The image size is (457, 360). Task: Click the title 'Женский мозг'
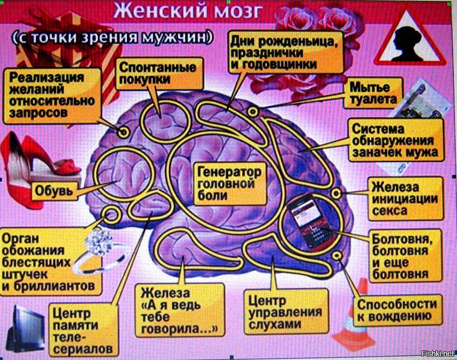tap(188, 11)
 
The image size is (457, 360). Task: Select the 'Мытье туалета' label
tap(373, 93)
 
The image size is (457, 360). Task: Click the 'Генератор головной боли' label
tap(230, 184)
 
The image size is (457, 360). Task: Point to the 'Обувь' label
tap(54, 191)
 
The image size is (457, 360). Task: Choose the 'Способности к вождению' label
tap(397, 311)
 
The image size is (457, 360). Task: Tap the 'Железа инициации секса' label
tap(405, 199)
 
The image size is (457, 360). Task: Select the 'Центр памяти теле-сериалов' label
tap(83, 330)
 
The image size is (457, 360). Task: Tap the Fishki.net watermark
tap(438, 354)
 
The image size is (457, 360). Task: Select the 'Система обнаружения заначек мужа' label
tap(396, 140)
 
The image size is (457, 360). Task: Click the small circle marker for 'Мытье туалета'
tap(253, 112)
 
